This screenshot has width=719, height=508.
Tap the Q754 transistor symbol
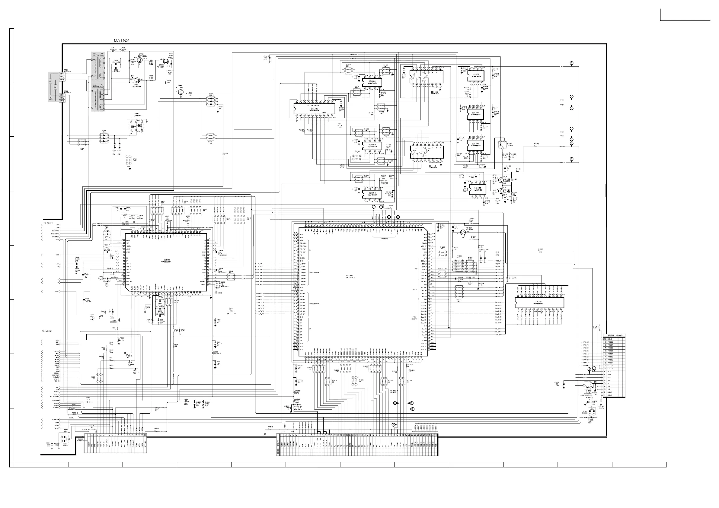180,92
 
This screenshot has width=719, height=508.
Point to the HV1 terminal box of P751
62,74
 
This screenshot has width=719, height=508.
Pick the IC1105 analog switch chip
427,77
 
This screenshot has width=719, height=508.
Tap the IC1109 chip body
475,189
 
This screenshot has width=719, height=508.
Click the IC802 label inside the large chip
165,260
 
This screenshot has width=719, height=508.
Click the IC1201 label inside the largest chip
350,276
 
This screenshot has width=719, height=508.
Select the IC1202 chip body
539,303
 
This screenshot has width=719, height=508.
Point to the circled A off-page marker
571,63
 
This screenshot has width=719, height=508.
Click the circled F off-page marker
571,159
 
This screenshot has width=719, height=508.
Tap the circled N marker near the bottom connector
394,425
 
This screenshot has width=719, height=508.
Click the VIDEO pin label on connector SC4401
89,444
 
